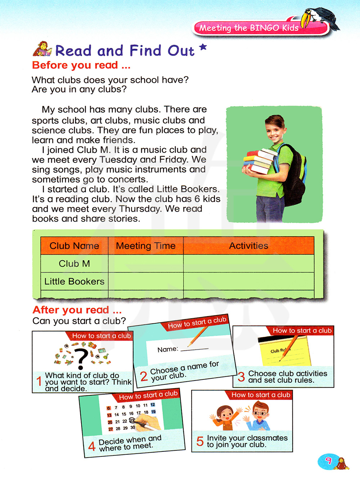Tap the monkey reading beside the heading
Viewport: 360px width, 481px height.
[x=42, y=49]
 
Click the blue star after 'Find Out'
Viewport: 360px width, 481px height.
[x=203, y=47]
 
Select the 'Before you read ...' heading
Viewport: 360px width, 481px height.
[x=81, y=65]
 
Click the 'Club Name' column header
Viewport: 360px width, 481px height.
[x=74, y=246]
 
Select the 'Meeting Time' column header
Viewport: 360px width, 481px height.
[x=146, y=246]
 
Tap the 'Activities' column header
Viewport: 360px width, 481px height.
[x=248, y=246]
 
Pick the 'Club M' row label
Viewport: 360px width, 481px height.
[x=74, y=264]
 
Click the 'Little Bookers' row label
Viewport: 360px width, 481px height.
[x=74, y=282]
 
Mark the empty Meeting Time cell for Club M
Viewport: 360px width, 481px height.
[x=146, y=264]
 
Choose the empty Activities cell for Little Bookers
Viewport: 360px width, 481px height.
[x=248, y=282]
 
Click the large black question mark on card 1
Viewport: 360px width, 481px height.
[x=82, y=358]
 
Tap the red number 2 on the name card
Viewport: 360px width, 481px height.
[x=144, y=376]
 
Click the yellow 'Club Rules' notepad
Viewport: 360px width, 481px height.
[x=284, y=351]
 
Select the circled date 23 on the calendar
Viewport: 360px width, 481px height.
[x=132, y=420]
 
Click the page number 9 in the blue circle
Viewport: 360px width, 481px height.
[x=328, y=461]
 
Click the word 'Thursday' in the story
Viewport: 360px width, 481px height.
[x=140, y=209]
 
